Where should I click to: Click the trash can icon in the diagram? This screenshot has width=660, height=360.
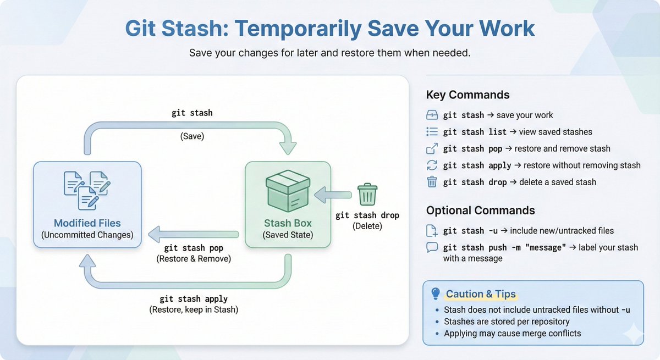pyautogui.click(x=367, y=195)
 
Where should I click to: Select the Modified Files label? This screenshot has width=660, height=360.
pyautogui.click(x=87, y=223)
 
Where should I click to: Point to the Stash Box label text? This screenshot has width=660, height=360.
pyautogui.click(x=288, y=223)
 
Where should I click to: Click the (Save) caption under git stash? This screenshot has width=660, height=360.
pyautogui.click(x=192, y=136)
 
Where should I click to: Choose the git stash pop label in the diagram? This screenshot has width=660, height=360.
pyautogui.click(x=194, y=248)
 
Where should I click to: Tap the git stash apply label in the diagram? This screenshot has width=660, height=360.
pyautogui.click(x=194, y=299)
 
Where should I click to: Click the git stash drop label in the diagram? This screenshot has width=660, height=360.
pyautogui.click(x=367, y=215)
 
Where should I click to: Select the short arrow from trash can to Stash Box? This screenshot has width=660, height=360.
pyautogui.click(x=333, y=195)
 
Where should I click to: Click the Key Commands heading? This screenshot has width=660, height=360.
pyautogui.click(x=468, y=95)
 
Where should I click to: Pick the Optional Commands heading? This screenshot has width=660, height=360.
pyautogui.click(x=480, y=210)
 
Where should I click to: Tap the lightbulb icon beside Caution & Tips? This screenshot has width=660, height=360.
pyautogui.click(x=436, y=293)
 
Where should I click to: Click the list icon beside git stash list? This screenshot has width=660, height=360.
pyautogui.click(x=432, y=132)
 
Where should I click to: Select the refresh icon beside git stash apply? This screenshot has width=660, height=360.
pyautogui.click(x=432, y=165)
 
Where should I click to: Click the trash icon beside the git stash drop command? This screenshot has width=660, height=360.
pyautogui.click(x=432, y=182)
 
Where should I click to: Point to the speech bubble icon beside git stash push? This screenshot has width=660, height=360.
pyautogui.click(x=432, y=247)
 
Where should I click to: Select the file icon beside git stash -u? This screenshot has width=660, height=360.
pyautogui.click(x=432, y=231)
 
